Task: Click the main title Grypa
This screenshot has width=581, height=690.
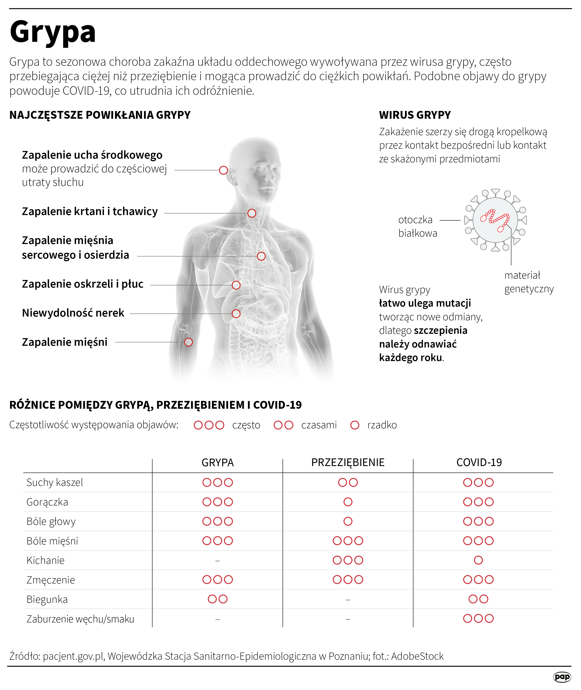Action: coord(53,32)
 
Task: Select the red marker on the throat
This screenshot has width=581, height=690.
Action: coord(252,213)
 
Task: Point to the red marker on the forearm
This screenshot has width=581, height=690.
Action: coord(188,342)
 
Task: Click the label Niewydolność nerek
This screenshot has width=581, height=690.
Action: coord(73,313)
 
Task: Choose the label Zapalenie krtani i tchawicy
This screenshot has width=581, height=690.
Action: coord(90,212)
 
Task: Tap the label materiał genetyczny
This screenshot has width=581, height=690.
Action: coord(529,282)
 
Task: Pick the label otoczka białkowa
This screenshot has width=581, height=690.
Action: coord(417,226)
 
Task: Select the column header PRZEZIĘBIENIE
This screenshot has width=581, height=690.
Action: coord(348,462)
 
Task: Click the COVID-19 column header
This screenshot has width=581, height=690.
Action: coord(479,462)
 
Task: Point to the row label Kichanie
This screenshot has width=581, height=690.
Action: coord(46,560)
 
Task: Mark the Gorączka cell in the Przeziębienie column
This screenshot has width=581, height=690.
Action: coord(348,502)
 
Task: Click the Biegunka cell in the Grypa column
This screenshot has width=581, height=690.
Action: coord(217,599)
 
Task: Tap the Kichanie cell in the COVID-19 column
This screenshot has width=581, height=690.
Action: coord(478,560)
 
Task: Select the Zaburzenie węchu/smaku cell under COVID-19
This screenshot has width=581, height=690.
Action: coord(478,619)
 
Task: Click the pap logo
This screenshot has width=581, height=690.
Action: coord(562,677)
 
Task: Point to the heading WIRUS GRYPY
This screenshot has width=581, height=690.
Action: coord(415,115)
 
